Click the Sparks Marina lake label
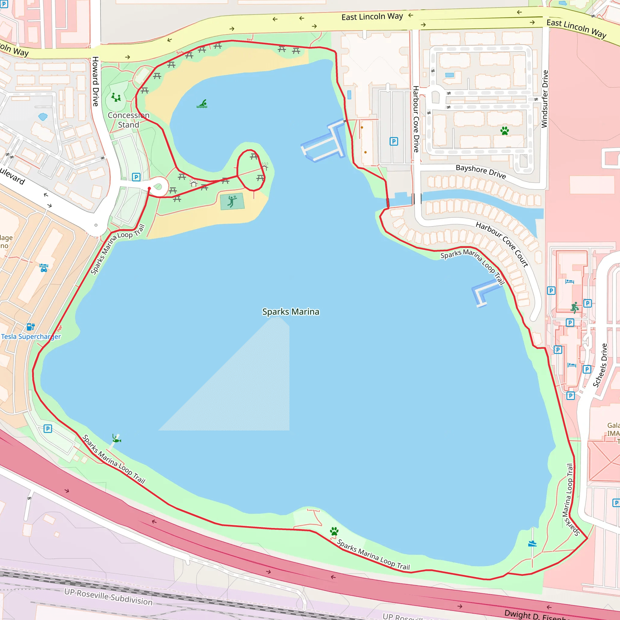click(x=290, y=312)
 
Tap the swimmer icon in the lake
click(x=202, y=104)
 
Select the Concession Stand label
click(x=128, y=120)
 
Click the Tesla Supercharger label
click(x=31, y=337)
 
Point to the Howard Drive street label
click(x=95, y=81)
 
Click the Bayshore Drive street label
click(x=480, y=171)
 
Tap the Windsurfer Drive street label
click(x=545, y=99)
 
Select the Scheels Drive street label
click(x=600, y=365)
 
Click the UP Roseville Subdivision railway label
click(x=108, y=596)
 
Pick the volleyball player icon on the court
click(x=232, y=201)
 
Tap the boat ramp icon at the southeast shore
click(x=533, y=543)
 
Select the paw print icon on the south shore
click(x=334, y=531)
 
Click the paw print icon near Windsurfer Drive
click(x=504, y=130)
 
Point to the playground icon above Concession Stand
click(x=116, y=97)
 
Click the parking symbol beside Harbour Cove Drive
click(x=394, y=141)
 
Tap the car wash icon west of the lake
click(x=44, y=268)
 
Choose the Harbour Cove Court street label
click(x=502, y=244)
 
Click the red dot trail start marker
click(x=149, y=188)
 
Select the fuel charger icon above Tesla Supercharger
click(x=31, y=327)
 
